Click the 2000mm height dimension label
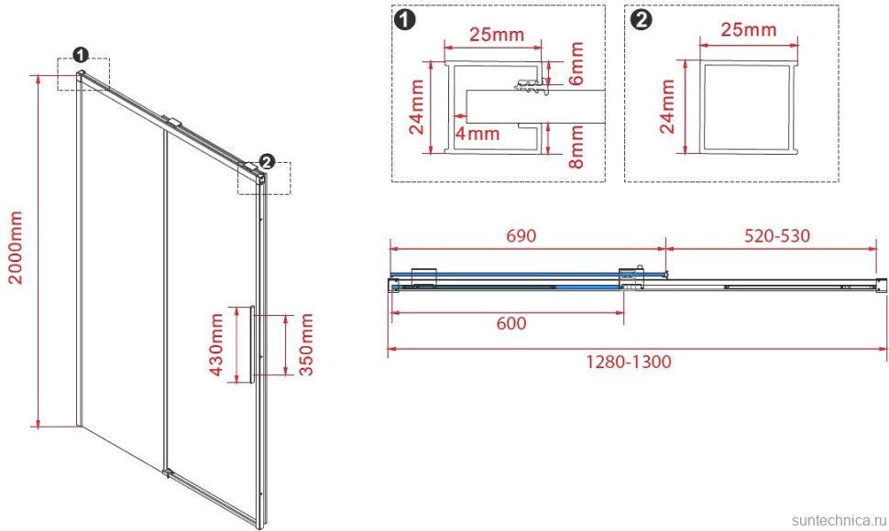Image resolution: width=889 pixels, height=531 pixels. click(16, 247)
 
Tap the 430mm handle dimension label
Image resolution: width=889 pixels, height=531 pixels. click(216, 345)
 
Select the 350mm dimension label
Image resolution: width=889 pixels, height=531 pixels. click(306, 345)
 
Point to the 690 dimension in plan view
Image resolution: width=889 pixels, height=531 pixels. click(521, 235)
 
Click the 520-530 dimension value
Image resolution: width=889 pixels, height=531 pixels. click(777, 235)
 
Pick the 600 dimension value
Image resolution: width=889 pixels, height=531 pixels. click(510, 323)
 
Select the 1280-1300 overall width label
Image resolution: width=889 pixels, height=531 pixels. click(628, 361)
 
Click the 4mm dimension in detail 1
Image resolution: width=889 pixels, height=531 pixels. click(477, 134)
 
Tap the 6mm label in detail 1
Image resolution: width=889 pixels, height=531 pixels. click(576, 63)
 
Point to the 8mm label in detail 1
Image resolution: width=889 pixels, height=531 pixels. click(576, 146)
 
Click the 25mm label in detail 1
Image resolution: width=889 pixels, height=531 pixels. click(497, 35)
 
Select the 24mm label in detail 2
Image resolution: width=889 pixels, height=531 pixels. click(667, 106)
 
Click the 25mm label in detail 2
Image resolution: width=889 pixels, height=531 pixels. click(749, 29)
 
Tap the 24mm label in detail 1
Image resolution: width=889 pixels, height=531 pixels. click(417, 106)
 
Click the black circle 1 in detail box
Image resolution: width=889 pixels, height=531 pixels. click(405, 20)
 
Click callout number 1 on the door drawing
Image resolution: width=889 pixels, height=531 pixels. click(81, 55)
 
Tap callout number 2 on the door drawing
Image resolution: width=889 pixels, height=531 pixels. click(267, 162)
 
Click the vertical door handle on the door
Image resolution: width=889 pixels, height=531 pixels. click(252, 344)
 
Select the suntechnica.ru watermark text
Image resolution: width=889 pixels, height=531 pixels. click(838, 520)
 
